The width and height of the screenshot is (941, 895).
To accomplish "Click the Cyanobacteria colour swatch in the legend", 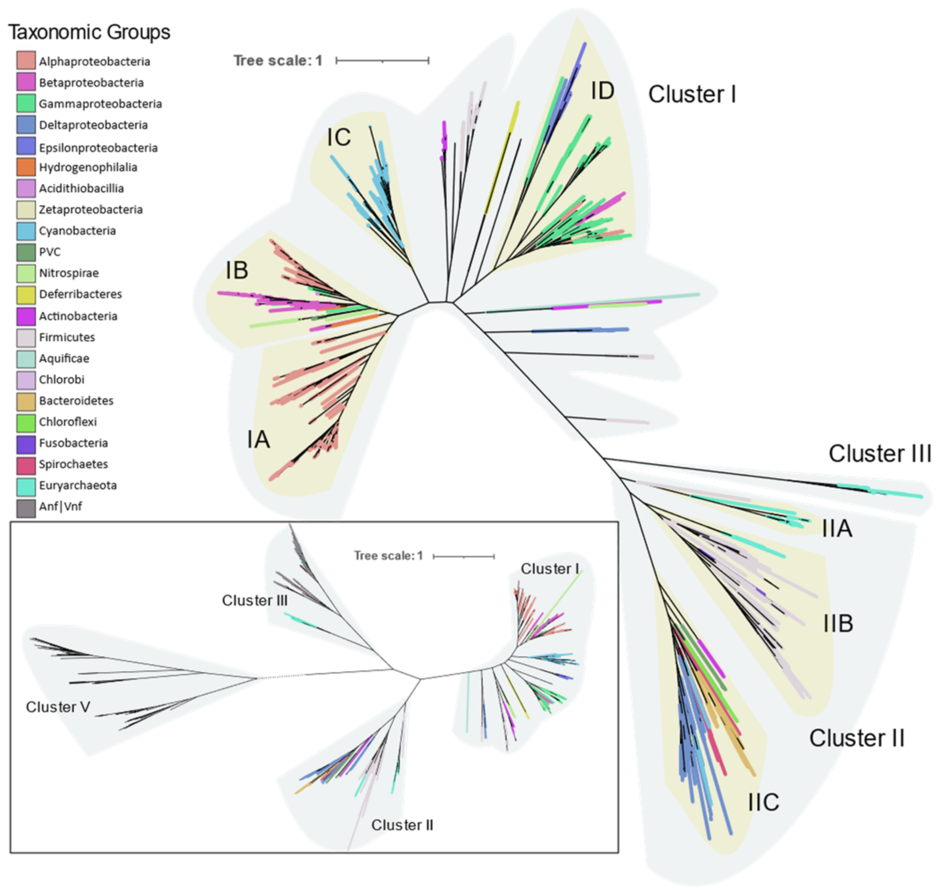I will tap(26, 231).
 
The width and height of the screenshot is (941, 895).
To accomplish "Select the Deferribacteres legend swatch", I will tap(26, 294).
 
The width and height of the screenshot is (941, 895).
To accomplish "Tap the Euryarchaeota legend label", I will tap(78, 485).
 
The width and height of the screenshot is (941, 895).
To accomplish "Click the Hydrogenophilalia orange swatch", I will tap(26, 167).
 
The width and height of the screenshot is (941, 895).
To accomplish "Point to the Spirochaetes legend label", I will tap(74, 464).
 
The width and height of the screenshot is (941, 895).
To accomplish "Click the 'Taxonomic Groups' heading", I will tap(89, 32).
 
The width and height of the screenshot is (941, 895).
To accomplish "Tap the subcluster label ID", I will tap(602, 91).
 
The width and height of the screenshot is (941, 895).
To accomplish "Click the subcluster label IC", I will tap(339, 138).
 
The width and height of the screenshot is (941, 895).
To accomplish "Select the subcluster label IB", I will tap(237, 270).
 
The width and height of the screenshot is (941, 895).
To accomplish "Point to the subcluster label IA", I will tap(258, 440).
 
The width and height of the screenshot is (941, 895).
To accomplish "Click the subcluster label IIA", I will tap(837, 529).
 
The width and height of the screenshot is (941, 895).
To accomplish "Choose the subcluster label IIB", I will tap(838, 624).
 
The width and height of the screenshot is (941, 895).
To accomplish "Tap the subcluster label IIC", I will tap(763, 802).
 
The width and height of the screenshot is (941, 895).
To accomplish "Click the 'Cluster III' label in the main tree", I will tap(879, 454).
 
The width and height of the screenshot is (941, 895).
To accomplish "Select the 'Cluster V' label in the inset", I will tap(58, 707).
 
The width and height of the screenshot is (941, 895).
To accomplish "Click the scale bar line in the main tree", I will tap(382, 61).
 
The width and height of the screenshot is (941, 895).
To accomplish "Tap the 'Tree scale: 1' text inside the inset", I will tap(388, 556).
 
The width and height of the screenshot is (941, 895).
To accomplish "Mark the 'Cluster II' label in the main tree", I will tap(856, 738).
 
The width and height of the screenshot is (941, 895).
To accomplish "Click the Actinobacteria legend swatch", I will tap(26, 316).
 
